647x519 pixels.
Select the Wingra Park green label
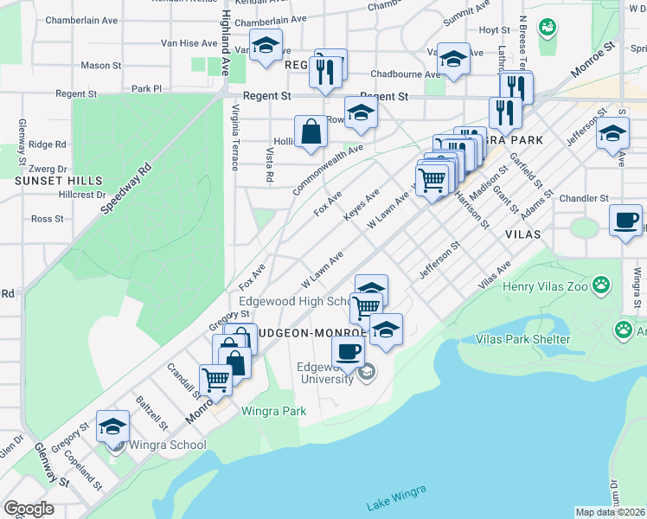click(x=273, y=411)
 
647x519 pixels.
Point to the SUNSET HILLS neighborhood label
click(x=59, y=181)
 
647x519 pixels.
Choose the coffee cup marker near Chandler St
click(x=625, y=221)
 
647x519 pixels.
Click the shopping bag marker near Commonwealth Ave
click(x=311, y=132)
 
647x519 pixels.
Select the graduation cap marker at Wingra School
click(x=112, y=426)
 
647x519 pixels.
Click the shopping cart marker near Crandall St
click(x=215, y=379)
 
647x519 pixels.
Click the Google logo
click(x=29, y=509)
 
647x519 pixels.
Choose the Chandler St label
click(x=585, y=199)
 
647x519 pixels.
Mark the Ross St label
click(x=48, y=219)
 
